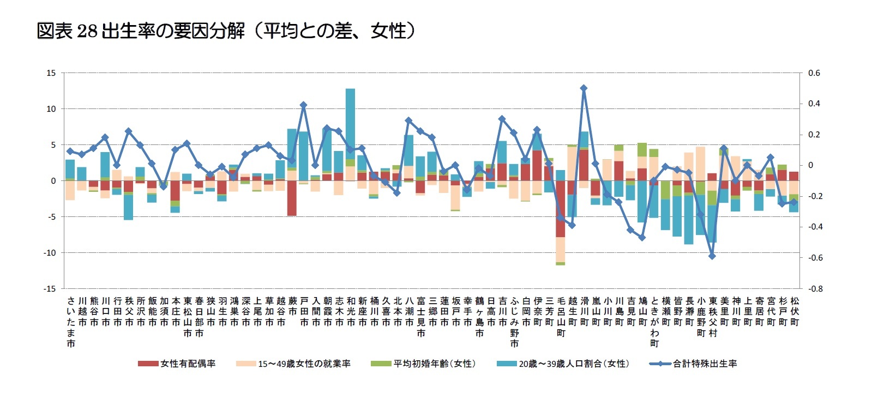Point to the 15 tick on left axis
pos(51,73)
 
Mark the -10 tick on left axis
pos(50,253)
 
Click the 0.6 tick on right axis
pos(814,73)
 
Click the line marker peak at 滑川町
pos(584,88)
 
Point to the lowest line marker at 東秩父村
pos(712,256)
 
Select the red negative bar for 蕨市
pos(292,198)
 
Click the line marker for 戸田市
pos(303,105)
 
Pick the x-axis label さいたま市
pos(71,322)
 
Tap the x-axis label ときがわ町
pos(654,322)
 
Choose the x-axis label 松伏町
pos(795,311)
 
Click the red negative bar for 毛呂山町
pos(560,209)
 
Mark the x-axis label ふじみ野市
pos(514,322)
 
